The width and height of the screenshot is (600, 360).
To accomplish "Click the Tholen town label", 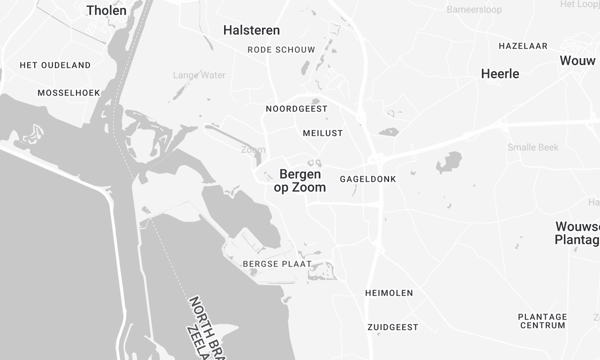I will (x=107, y=11).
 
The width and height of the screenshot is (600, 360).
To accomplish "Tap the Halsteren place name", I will (x=251, y=31).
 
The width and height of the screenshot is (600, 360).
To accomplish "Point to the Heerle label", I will (x=500, y=74).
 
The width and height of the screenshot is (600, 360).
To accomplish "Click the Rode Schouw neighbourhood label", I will (x=281, y=49).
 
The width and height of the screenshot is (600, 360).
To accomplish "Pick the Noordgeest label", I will (x=297, y=109).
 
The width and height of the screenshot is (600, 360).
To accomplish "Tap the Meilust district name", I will (x=322, y=133).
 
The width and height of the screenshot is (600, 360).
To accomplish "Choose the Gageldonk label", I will (x=369, y=178).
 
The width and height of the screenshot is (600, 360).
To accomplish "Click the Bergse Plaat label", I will (x=277, y=264).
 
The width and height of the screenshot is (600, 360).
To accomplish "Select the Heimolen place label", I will (x=389, y=293).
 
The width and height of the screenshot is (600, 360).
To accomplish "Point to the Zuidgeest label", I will (x=393, y=327).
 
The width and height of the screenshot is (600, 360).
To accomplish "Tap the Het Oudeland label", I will (x=55, y=65).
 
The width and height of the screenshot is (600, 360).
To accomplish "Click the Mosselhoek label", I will (x=69, y=93).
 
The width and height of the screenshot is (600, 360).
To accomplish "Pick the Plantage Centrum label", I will (x=543, y=321).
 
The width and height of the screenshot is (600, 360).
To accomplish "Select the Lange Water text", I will (x=199, y=75).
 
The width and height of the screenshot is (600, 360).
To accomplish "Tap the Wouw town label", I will (x=579, y=61).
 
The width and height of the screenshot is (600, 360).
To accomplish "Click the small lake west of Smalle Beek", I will (x=449, y=162).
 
